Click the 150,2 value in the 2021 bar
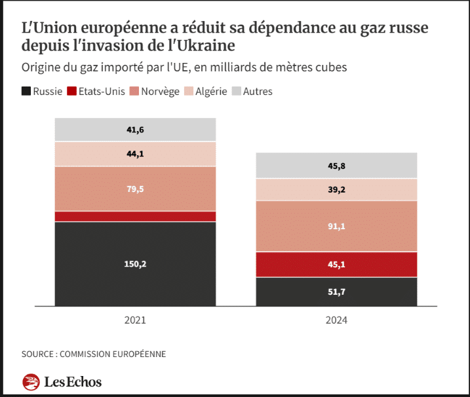point(135,264)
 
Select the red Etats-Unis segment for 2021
point(135,216)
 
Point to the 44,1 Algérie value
point(135,154)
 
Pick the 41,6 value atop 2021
point(135,130)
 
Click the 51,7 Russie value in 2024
point(336,292)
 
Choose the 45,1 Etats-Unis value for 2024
point(336,265)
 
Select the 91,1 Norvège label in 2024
point(336,226)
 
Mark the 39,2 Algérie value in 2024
point(336,189)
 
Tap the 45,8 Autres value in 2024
point(336,166)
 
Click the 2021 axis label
point(135,321)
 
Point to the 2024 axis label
point(336,321)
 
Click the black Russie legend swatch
point(26,92)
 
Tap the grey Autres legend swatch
point(237,92)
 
